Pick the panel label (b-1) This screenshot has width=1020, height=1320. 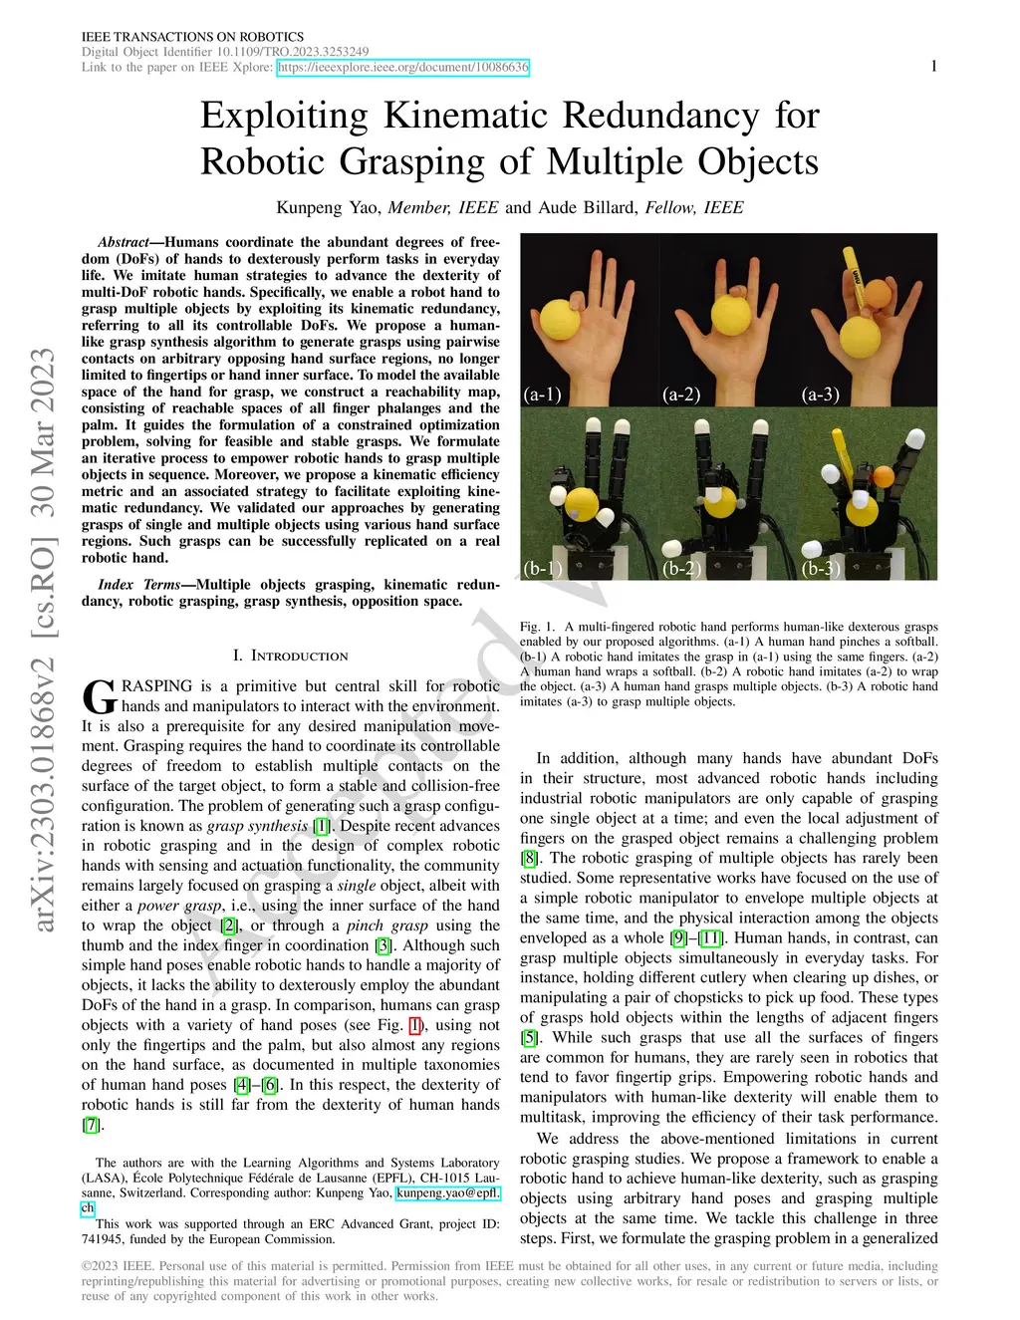[542, 569]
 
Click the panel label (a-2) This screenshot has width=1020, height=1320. [681, 395]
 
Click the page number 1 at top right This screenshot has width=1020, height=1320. [933, 66]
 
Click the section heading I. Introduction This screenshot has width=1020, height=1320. [290, 656]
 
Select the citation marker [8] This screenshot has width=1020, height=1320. [530, 858]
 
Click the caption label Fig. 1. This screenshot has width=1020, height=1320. [537, 627]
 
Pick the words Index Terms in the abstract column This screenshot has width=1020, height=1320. [139, 585]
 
